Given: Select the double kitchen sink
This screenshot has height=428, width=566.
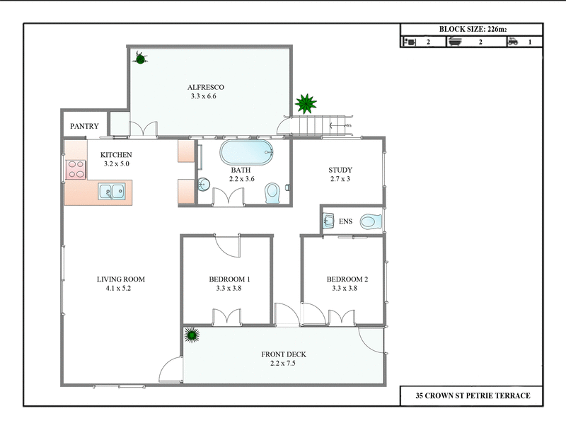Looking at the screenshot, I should pos(112,190).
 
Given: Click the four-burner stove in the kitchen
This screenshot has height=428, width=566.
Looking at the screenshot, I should pos(76,170).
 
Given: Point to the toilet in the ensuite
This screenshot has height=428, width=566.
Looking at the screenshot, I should pos(371,222).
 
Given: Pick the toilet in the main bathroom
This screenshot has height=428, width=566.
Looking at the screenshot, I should pos(272,192).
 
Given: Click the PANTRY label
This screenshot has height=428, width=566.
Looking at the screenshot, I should pos(83,127).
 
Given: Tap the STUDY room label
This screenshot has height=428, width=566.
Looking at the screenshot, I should pos(340,170).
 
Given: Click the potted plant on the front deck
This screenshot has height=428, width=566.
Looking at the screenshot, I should pos(191,335).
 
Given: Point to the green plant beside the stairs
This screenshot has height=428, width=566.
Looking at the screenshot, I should pos(306,105).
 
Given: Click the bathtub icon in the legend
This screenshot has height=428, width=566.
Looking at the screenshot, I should pos(456,42).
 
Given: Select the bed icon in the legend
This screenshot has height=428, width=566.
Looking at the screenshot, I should pos(410,42).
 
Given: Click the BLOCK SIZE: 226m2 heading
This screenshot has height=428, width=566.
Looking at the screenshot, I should pos(471,30).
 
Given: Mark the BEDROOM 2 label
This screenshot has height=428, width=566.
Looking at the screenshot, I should pos(347,279).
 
